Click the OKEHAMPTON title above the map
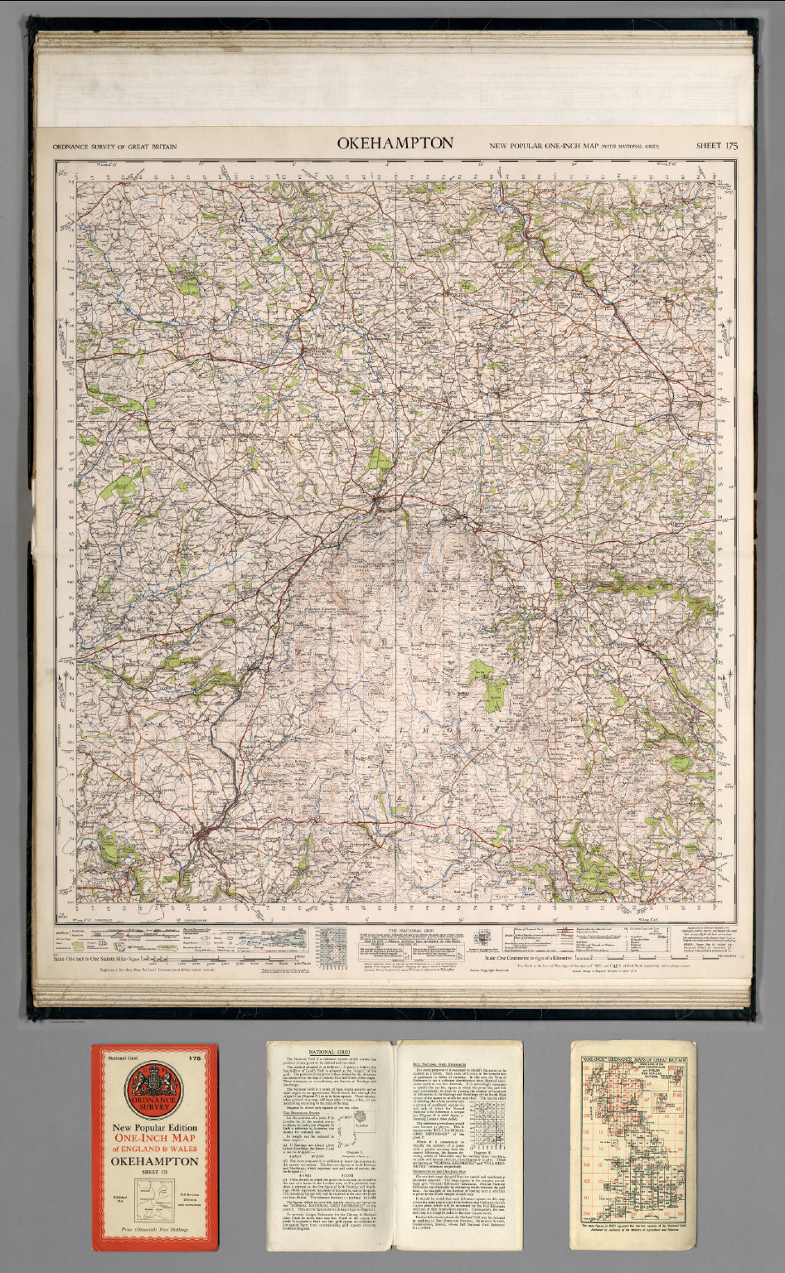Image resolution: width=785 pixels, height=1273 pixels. pos(395,143)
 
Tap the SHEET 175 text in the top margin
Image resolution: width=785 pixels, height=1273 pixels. pos(716,146)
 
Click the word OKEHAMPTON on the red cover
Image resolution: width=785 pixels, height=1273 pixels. pos(154,1161)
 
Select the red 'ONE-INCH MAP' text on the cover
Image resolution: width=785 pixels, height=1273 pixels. pos(154,1140)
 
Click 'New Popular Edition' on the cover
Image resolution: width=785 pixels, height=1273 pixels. pos(154,1128)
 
